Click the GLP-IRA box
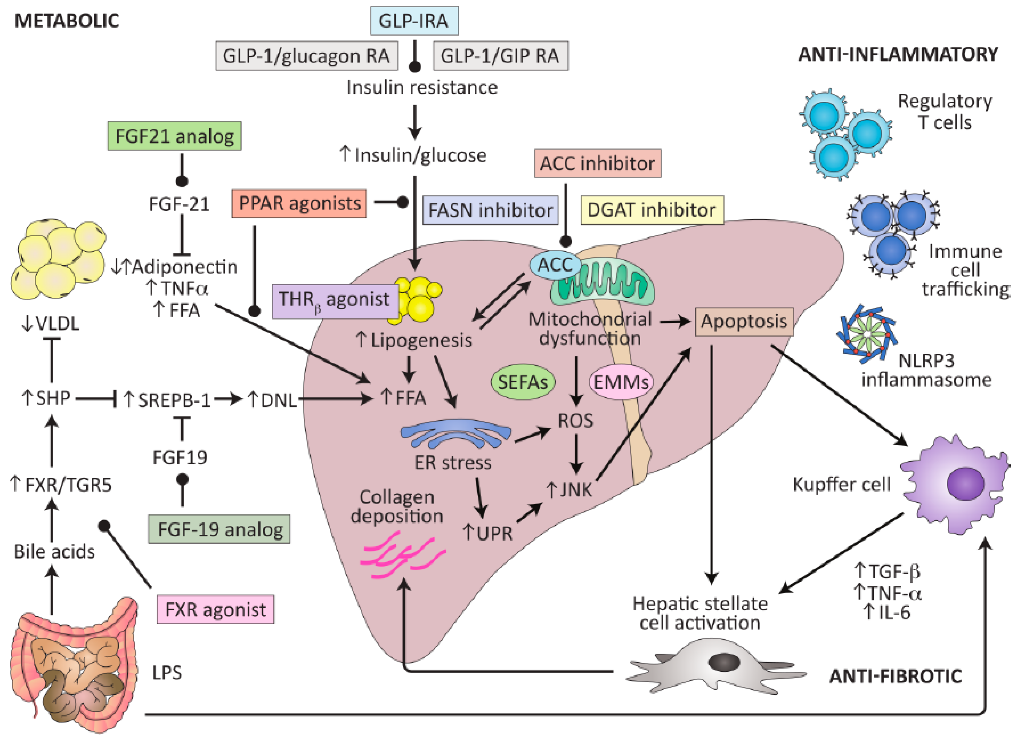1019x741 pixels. click(414, 21)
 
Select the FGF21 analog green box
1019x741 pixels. click(174, 136)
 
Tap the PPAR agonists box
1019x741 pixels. click(299, 203)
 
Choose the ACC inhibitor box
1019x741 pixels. click(597, 163)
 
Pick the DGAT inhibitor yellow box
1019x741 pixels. click(652, 210)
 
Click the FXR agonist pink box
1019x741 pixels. click(216, 609)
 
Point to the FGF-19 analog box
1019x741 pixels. click(219, 529)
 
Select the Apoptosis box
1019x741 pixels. click(744, 321)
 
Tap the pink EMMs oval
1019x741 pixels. click(621, 382)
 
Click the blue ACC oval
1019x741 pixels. click(555, 265)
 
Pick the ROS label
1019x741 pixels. click(576, 421)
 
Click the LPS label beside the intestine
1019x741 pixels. click(167, 673)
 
